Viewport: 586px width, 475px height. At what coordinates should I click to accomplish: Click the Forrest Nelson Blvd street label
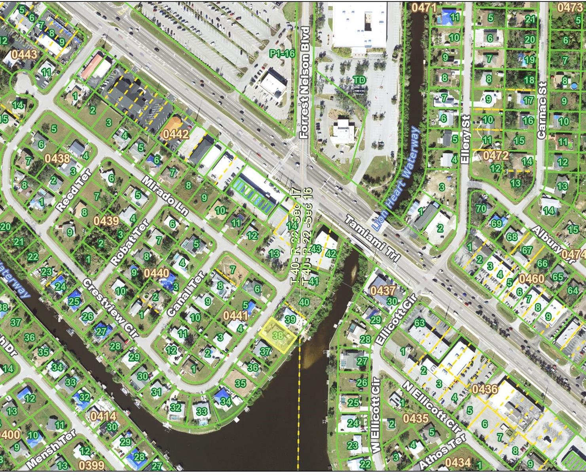click(304, 82)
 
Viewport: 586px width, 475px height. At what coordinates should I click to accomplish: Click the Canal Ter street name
click(185, 293)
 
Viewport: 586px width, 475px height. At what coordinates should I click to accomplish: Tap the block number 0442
click(175, 134)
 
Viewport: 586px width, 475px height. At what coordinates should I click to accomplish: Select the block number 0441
click(235, 315)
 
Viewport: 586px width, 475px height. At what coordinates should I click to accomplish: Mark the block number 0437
click(383, 291)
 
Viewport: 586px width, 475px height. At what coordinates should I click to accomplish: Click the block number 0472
click(495, 156)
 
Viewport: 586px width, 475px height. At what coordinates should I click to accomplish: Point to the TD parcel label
click(360, 80)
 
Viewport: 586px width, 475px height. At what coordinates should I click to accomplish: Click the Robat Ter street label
click(130, 242)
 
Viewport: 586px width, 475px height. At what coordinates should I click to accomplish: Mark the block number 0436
click(485, 389)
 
